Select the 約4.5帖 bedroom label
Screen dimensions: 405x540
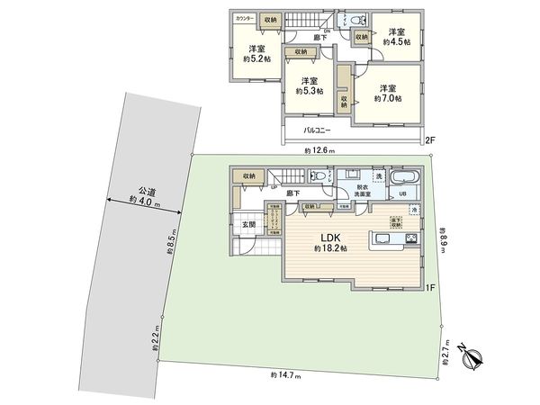[x=396, y=41]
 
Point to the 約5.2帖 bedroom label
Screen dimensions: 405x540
[x=256, y=61]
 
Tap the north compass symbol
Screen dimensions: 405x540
[x=472, y=358]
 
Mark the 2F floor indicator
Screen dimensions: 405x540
[x=430, y=139]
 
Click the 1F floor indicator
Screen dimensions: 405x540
[x=430, y=287]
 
